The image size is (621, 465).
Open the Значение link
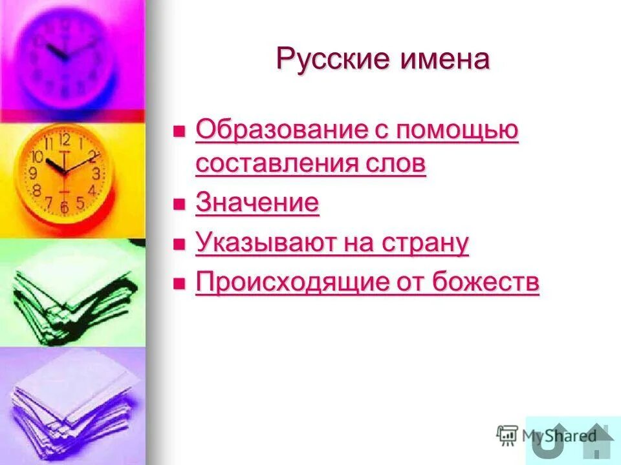(257, 203)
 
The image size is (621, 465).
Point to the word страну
(426, 243)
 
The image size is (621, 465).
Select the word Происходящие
(292, 282)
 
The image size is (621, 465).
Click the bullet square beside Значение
(179, 205)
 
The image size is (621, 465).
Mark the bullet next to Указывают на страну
(179, 244)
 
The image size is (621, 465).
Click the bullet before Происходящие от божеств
(179, 284)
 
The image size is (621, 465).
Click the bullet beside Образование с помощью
(179, 132)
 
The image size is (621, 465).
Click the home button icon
(598, 440)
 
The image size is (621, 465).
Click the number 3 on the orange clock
(96, 173)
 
